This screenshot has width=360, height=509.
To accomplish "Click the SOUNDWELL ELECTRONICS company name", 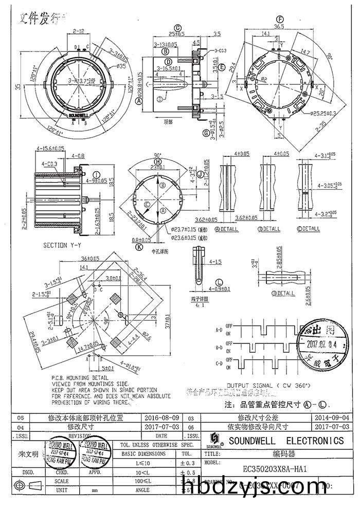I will tap(286, 441).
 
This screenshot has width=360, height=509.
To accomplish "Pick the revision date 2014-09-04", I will tap(331, 419).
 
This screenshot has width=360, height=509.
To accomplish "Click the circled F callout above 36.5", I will tap(280, 19).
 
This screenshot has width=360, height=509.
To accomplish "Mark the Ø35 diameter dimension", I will tap(122, 66).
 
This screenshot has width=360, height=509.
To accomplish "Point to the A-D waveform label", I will tap(219, 328).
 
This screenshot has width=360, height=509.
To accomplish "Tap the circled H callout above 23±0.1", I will tap(158, 161).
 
